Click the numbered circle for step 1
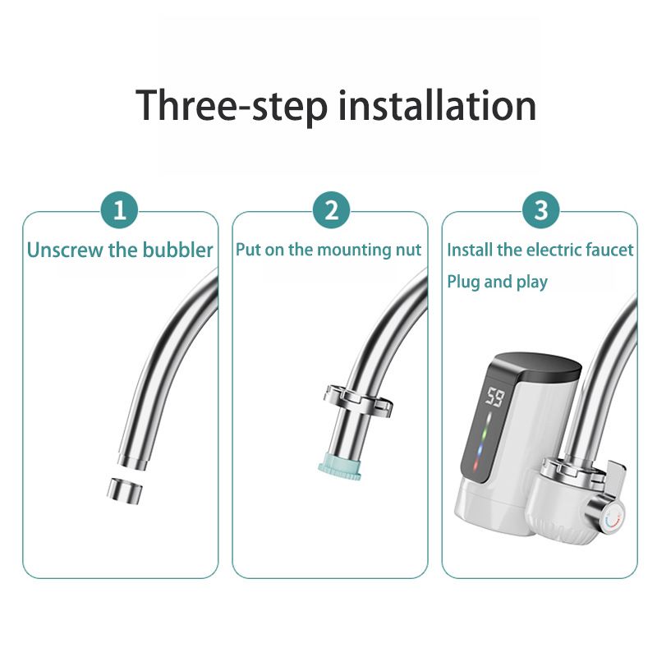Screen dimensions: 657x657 tap(120, 209)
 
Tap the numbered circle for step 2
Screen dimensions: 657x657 tap(331, 209)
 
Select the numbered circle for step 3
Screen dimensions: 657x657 tap(541, 209)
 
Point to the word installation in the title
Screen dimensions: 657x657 tap(437, 105)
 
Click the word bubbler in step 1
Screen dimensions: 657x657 tap(177, 250)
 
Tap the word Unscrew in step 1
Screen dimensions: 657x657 tap(65, 250)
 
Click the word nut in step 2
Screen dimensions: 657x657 tap(408, 250)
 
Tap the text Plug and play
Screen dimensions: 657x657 tap(498, 282)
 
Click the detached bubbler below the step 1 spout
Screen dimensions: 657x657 tap(124, 489)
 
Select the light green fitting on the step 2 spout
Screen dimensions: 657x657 tap(339, 466)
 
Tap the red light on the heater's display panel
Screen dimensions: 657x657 tap(476, 465)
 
